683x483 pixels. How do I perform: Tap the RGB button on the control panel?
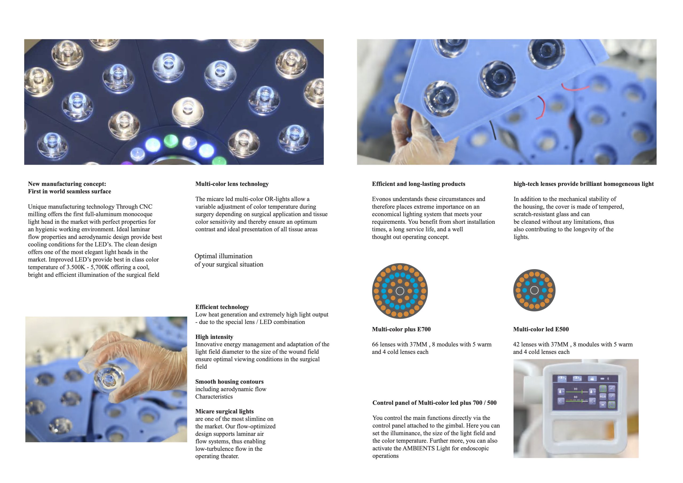coord(603,397)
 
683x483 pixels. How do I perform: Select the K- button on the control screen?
coord(561,401)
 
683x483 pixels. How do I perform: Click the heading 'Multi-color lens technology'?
coord(232,184)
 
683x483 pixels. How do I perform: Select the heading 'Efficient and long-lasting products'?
coord(419,184)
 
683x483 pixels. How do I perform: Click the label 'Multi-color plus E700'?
coord(401,329)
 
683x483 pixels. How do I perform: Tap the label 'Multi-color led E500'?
coord(541,329)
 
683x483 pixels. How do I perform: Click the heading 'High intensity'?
coord(214,337)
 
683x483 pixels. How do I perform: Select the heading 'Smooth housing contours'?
coord(229,382)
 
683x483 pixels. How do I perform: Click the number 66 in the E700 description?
coord(375,344)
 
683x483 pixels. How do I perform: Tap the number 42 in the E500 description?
coord(517,344)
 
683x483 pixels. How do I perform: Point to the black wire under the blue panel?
coord(493,130)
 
